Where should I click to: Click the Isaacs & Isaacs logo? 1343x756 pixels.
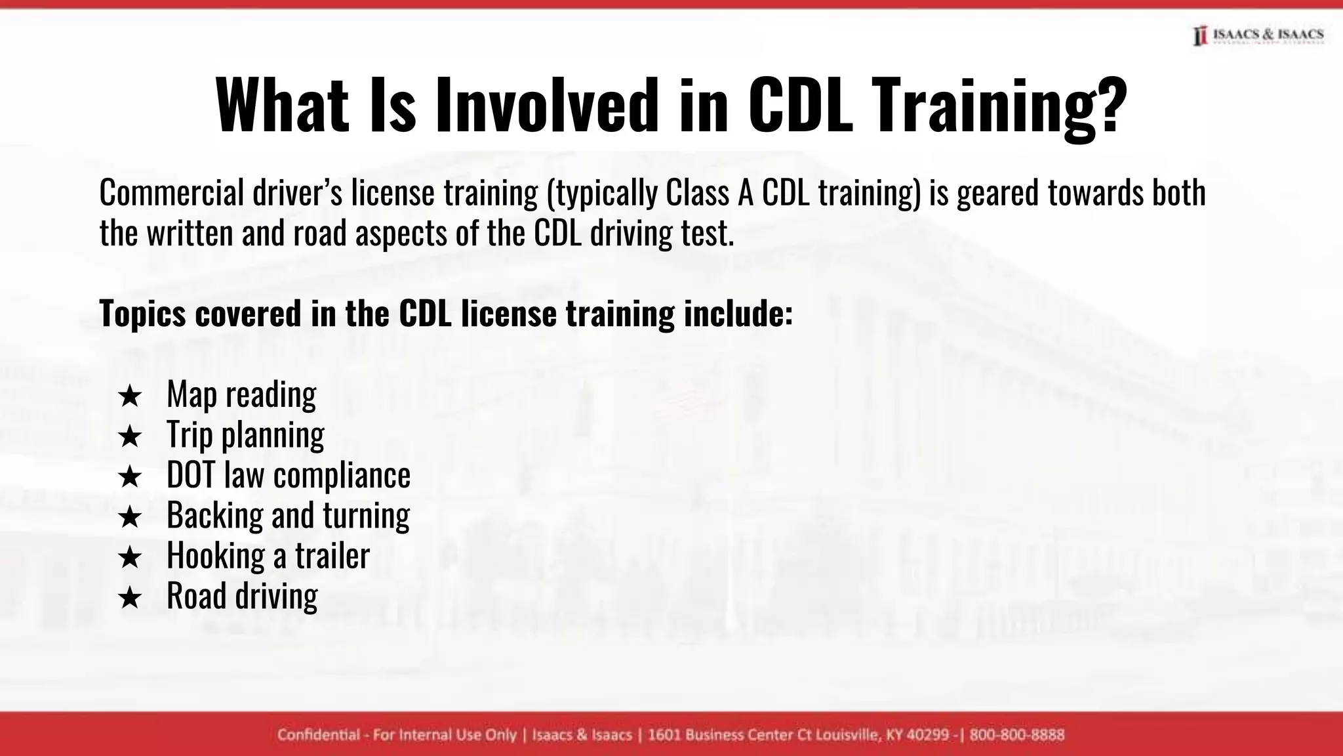pos(1258,35)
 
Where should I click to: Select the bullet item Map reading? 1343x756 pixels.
pos(241,395)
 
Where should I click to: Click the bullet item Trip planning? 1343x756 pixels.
pos(245,435)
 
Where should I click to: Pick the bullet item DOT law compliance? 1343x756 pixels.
pos(289,475)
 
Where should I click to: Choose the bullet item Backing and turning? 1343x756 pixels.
pos(288,515)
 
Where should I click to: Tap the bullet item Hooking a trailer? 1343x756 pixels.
pos(268,555)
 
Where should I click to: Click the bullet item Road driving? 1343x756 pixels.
pos(242,596)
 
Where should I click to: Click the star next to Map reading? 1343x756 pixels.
pos(130,396)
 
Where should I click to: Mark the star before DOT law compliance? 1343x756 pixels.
pos(130,477)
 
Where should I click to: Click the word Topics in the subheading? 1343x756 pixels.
pos(142,313)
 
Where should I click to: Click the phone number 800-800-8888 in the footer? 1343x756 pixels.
pos(1016,735)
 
